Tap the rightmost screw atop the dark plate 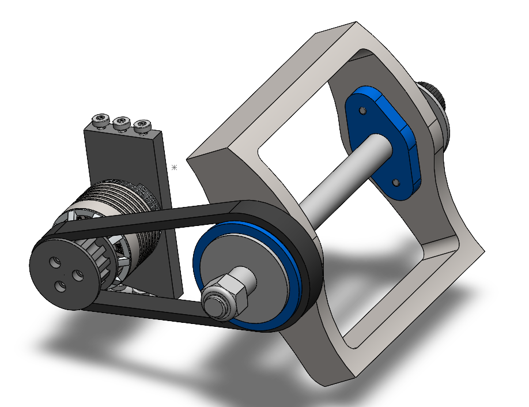[141, 124]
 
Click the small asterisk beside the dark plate [174, 168]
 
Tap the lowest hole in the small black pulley [60, 285]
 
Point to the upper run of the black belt [173, 216]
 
